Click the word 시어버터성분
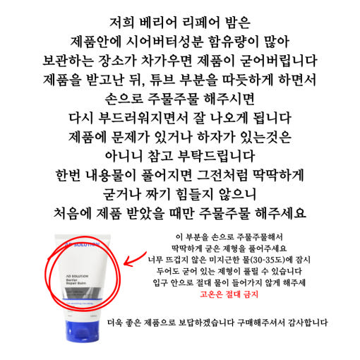click(164, 42)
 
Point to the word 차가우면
click(166, 61)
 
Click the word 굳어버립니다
click(278, 61)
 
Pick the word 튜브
click(162, 80)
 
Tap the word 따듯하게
click(248, 80)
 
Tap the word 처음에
click(72, 213)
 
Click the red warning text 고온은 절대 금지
click(229, 294)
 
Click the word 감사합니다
click(308, 323)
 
